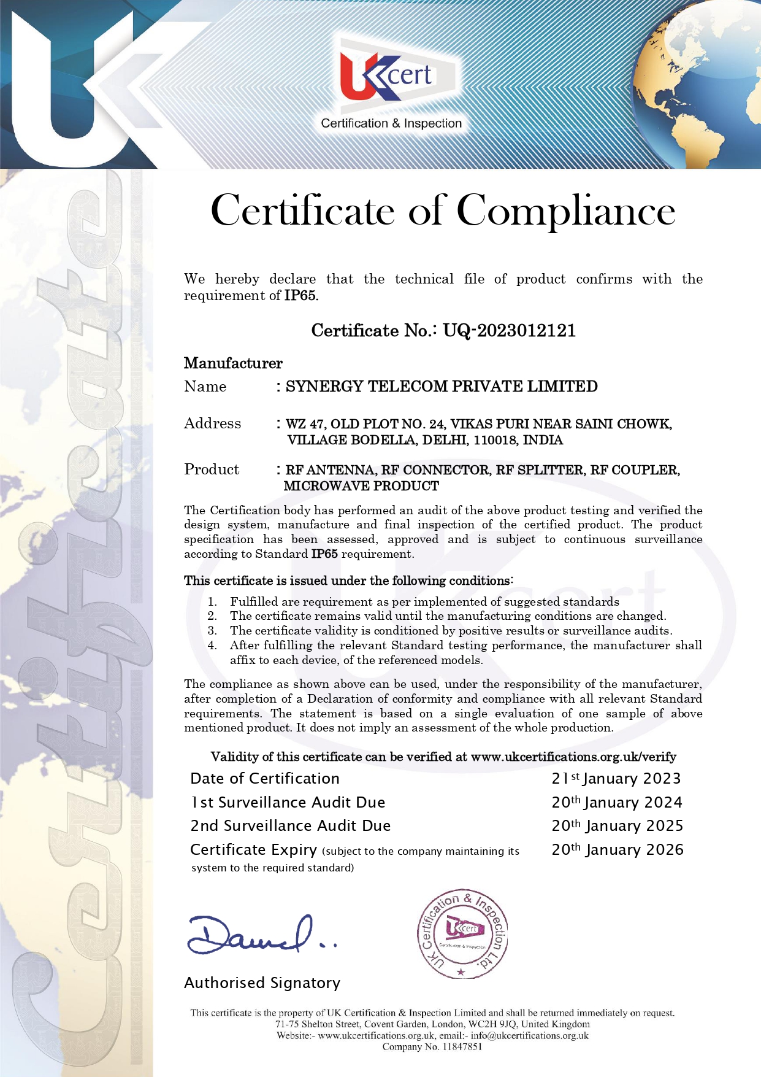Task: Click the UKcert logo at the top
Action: coord(391,76)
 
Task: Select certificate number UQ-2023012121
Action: coord(509,331)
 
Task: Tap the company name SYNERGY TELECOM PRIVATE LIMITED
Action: coord(442,387)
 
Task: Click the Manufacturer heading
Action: coord(233,363)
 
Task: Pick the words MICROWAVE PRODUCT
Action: coord(361,486)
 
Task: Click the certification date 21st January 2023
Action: coord(616,779)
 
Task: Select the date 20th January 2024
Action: coord(616,803)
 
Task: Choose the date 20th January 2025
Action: coord(617,826)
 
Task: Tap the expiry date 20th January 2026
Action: coord(617,850)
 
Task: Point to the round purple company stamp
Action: coord(462,933)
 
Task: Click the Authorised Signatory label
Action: coord(262,983)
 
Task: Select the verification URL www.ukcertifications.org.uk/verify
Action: coord(573,757)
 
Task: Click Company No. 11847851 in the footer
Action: coord(432,1047)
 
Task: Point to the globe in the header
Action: coord(699,86)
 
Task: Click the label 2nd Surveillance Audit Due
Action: coord(290,826)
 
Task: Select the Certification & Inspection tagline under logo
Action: coord(391,123)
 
